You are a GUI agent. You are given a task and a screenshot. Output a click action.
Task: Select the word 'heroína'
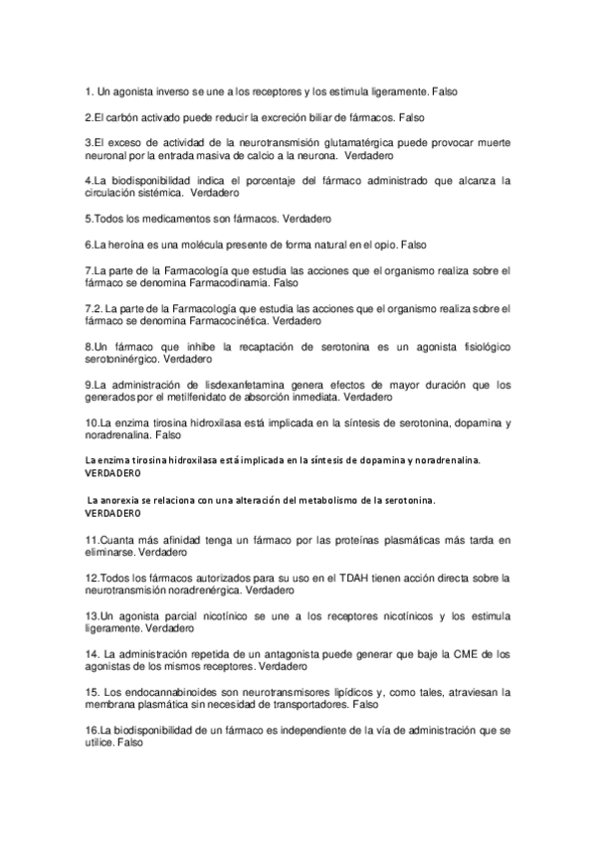coord(126,245)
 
